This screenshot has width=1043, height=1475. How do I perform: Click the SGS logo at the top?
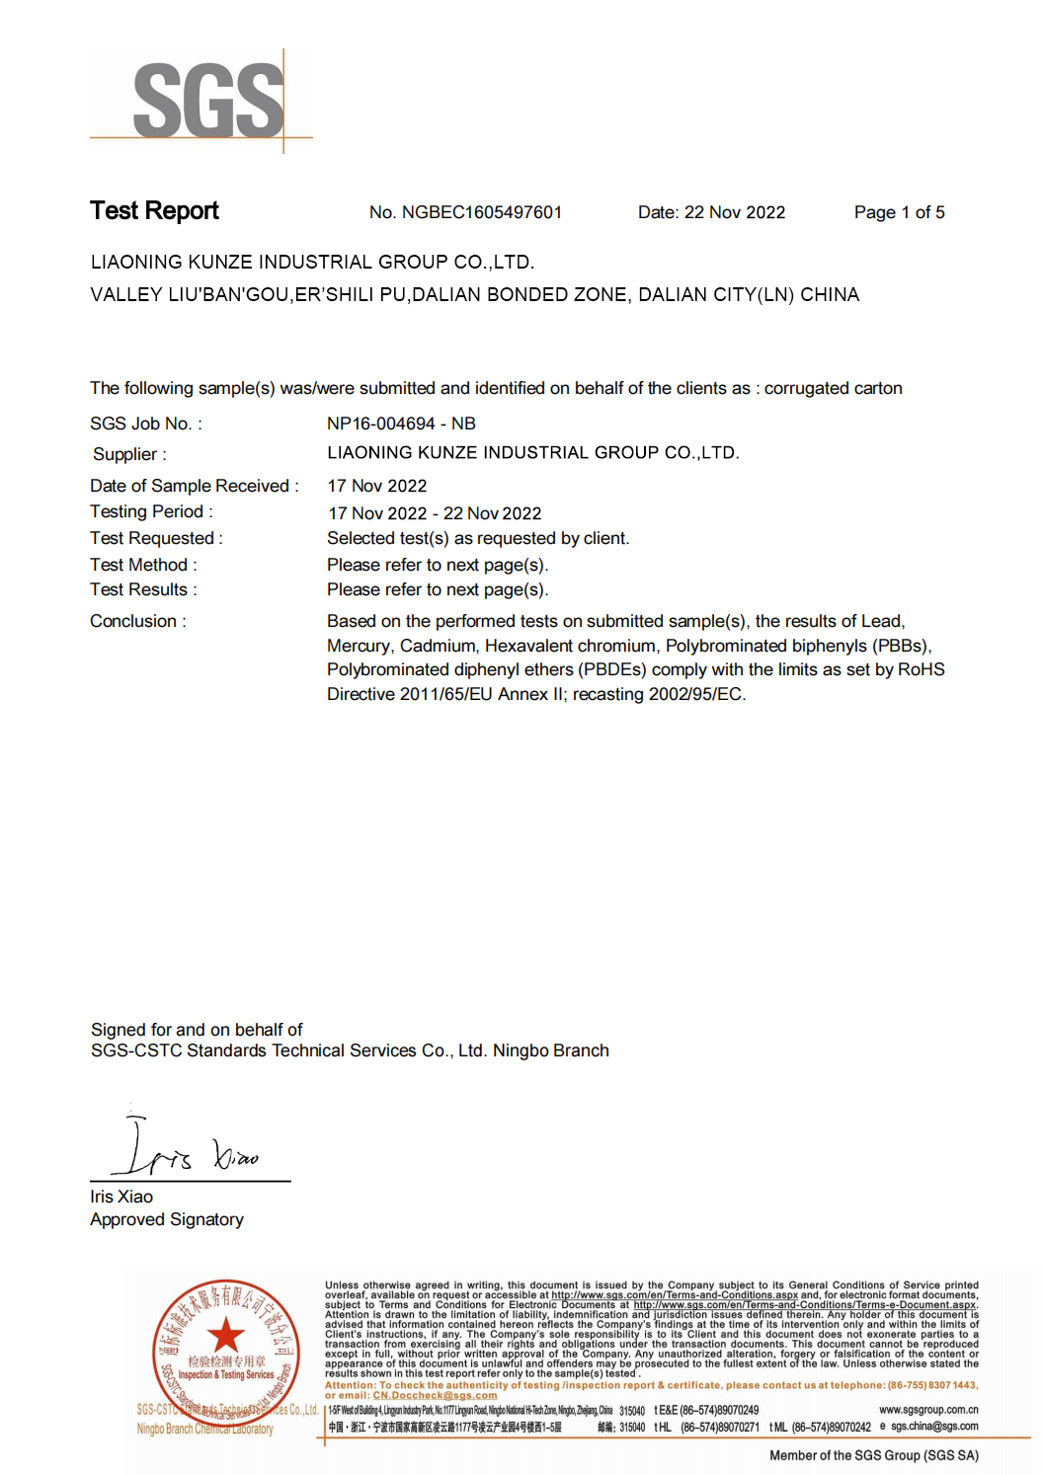pos(208,100)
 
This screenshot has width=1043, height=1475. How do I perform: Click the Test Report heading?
pos(154,211)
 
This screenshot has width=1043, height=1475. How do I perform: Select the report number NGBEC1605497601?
pos(481,212)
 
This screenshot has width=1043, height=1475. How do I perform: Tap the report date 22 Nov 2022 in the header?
pos(734,212)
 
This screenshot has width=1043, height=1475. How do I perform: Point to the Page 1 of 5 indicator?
pos(899,212)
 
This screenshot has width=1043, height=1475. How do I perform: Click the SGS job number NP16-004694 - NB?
pos(401,424)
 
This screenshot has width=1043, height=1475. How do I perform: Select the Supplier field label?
pos(129,454)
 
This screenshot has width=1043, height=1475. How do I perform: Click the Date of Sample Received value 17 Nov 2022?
pos(377,486)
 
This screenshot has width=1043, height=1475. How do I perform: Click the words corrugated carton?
pos(833,388)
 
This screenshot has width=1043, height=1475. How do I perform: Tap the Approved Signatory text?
pos(167,1219)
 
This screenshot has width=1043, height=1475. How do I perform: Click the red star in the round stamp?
pos(226,1335)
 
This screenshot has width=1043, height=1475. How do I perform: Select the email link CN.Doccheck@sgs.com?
pos(435,1395)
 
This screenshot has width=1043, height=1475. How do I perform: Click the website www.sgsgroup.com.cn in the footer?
pos(927,1410)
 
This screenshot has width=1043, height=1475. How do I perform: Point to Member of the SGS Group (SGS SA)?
pos(873,1455)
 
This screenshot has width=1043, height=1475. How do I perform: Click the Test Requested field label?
pos(156,538)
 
